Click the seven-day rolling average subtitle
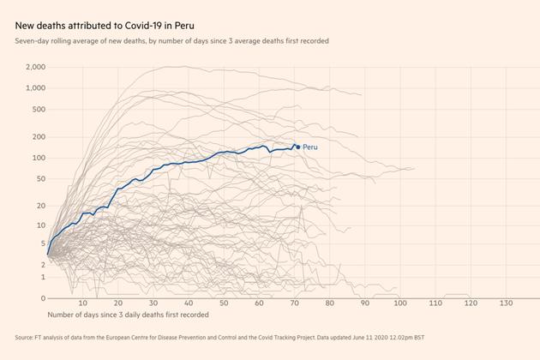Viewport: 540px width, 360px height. pos(171,40)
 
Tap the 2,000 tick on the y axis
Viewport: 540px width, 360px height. pos(35,67)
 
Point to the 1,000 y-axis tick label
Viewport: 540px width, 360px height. pos(35,88)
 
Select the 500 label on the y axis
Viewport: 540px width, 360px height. pos(39,110)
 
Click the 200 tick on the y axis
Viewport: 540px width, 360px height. pos(39,137)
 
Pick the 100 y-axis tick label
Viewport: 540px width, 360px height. pos(39,158)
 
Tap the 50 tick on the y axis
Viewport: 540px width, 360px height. pos(40,178)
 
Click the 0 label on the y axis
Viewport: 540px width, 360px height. pos(43,298)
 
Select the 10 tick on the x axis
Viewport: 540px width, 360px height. pos(82,303)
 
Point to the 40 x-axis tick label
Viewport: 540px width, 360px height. pos(188,303)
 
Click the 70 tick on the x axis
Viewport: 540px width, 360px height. pos(294,303)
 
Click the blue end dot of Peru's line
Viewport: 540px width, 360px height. pos(297,147)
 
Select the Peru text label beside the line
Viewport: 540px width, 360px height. pos(310,147)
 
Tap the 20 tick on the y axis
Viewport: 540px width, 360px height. pos(40,206)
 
